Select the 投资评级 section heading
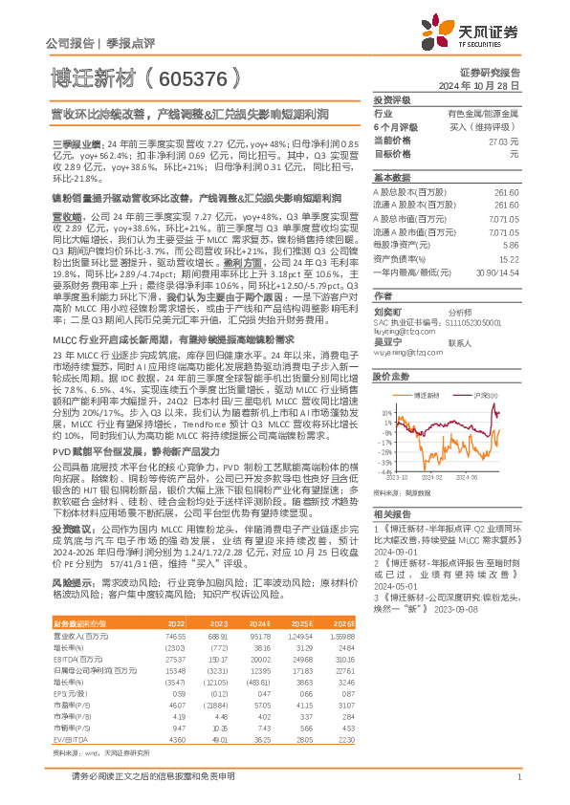(x=390, y=99)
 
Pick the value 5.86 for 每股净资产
(x=512, y=245)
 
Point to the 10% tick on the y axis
(x=382, y=413)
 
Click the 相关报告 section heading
(x=390, y=513)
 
